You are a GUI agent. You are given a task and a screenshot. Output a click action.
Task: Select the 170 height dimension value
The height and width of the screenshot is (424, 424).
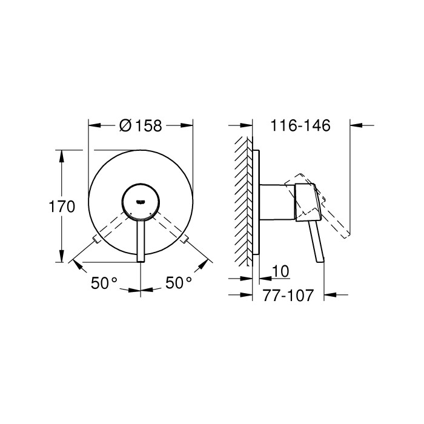coord(62,207)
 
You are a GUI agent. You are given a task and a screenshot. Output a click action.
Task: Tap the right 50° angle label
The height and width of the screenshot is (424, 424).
coord(179,282)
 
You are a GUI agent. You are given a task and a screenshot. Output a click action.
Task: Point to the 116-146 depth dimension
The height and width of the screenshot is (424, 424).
coord(300,126)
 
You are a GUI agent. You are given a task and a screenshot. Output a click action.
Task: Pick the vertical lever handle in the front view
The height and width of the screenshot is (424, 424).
coord(141,239)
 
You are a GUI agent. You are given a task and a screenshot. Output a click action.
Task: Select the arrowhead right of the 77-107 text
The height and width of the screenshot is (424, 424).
coord(330,296)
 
